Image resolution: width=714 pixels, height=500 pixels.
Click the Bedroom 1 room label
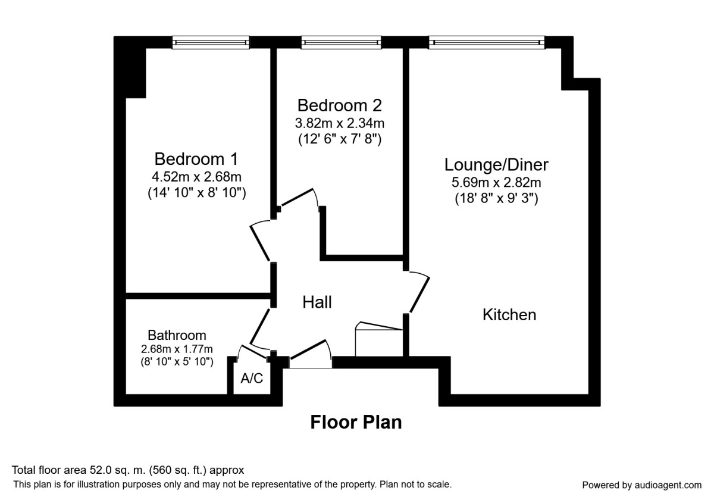point(196,159)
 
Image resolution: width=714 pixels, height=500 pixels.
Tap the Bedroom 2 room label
point(339,105)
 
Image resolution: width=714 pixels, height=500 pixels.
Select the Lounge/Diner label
point(496,164)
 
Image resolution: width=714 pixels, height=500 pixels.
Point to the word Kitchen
point(509,314)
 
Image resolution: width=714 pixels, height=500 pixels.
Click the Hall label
point(317,302)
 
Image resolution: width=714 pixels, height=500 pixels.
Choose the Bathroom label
point(177,335)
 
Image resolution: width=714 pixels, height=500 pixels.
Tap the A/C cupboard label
point(252,379)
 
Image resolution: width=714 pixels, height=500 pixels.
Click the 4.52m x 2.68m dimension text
point(196,177)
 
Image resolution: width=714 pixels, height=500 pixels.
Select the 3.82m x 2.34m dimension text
point(339,124)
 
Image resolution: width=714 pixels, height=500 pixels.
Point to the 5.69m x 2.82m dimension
point(496,183)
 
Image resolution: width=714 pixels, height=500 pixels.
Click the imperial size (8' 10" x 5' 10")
point(177,361)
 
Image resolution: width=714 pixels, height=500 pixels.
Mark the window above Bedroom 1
point(211,42)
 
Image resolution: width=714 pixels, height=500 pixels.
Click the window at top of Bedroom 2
point(341,42)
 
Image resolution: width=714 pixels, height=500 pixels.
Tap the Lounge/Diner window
point(487,42)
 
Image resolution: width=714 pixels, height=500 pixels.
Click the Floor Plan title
point(356,422)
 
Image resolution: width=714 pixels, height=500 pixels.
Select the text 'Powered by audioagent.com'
point(641,485)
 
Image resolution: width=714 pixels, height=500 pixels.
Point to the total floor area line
point(128,470)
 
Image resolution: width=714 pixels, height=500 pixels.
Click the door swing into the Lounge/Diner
point(419,292)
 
